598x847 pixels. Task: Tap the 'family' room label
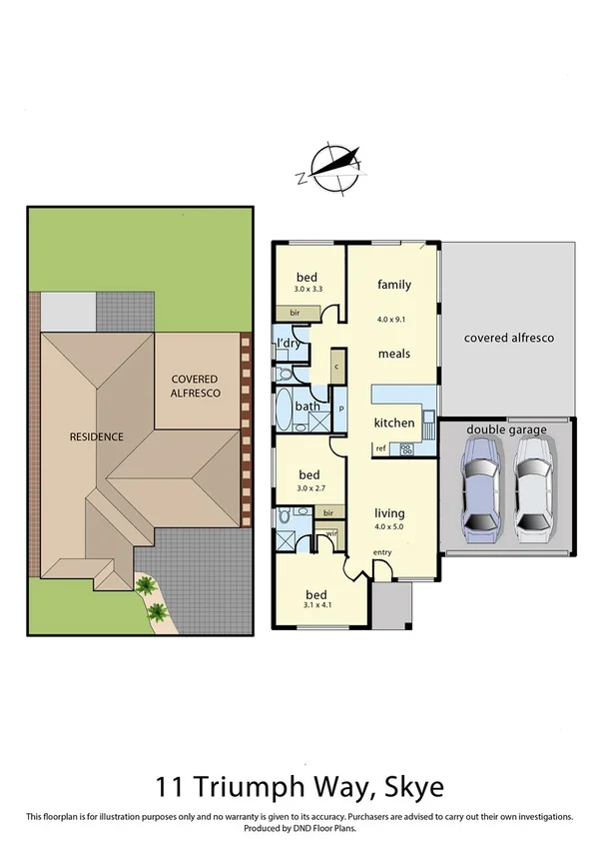(394, 285)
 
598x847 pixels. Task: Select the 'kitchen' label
(393, 423)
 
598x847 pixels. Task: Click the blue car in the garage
(479, 491)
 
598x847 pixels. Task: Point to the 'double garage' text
(507, 430)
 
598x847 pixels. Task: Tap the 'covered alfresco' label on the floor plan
(508, 338)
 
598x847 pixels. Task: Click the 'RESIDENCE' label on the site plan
(96, 436)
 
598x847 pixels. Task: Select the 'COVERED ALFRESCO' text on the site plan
(195, 387)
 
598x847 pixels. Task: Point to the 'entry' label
(382, 552)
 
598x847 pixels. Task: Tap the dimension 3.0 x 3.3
(309, 289)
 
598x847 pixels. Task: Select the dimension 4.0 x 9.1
(394, 320)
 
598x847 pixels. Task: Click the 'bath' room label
(306, 407)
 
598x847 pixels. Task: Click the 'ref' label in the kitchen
(380, 449)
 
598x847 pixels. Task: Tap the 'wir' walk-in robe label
(330, 533)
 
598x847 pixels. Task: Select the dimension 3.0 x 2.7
(309, 488)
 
